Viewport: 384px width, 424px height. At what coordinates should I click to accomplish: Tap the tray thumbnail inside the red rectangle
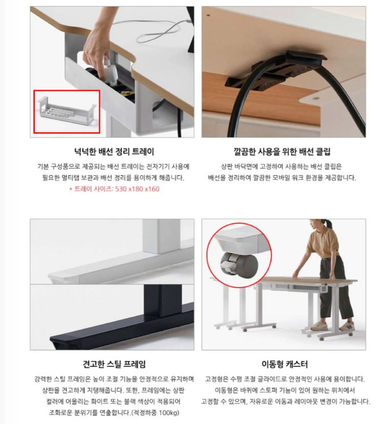click(66, 111)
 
